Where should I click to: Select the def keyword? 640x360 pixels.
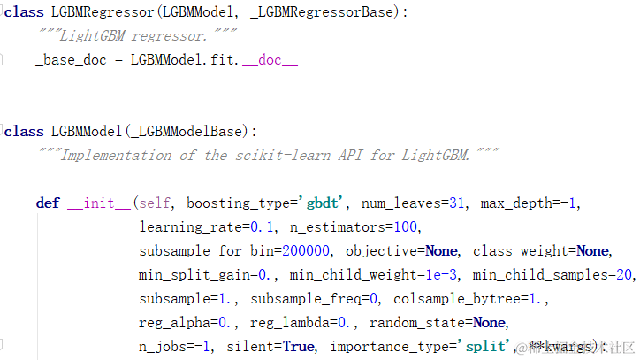[48, 203]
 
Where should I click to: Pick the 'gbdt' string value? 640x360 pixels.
[324, 203]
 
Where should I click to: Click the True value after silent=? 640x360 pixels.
[298, 346]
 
